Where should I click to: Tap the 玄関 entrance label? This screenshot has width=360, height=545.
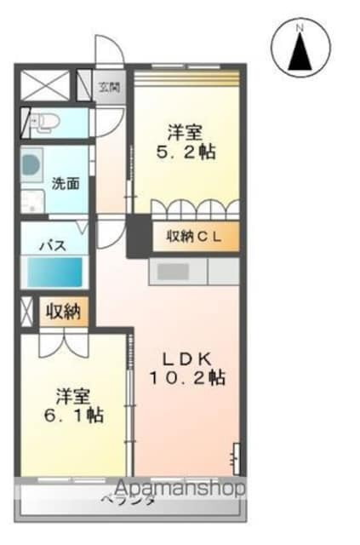[x=109, y=87]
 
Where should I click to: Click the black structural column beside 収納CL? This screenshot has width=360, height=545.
[x=136, y=236]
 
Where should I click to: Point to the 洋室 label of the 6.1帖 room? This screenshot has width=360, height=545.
[x=74, y=396]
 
